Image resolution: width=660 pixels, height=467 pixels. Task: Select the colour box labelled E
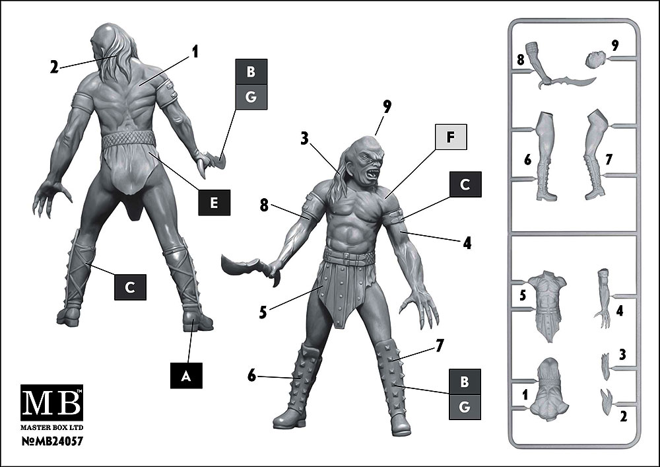[214, 203]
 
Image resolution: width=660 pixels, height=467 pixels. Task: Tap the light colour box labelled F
[450, 137]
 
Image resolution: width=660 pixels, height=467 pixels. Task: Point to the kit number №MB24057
[51, 441]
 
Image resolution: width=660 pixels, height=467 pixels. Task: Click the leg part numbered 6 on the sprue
[545, 156]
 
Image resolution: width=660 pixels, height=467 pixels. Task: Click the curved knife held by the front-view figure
[249, 268]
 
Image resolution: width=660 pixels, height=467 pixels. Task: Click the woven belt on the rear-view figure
[129, 139]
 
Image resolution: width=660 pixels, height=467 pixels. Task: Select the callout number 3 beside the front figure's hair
[304, 138]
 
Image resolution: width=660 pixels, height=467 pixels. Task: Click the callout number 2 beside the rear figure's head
[54, 67]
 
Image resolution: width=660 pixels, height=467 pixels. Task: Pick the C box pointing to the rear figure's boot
[130, 287]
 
